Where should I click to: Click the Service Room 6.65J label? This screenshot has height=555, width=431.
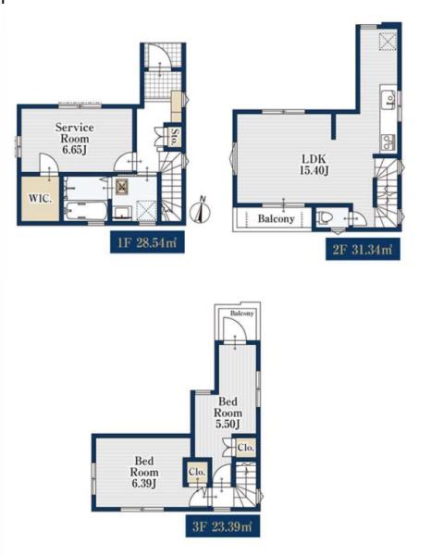[75, 138]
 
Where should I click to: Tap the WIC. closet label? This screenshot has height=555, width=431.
[40, 198]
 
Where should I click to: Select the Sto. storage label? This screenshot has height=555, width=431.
[175, 137]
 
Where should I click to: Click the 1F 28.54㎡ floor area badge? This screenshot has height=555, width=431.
[147, 242]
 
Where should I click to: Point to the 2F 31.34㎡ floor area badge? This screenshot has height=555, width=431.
[363, 249]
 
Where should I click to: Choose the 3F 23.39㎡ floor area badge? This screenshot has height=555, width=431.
[223, 526]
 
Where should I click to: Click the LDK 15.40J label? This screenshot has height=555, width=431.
[314, 165]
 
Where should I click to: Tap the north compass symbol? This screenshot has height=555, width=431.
[201, 211]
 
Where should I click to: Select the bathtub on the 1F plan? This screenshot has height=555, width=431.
[87, 211]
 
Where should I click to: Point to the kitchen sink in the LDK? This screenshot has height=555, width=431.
[388, 98]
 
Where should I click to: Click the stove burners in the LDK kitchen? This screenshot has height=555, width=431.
[388, 142]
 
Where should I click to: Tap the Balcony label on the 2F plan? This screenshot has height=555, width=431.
[276, 218]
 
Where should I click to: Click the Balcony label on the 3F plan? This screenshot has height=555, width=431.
[242, 314]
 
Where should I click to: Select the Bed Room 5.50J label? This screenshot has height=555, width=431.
[228, 413]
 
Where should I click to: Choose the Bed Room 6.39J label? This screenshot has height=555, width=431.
[144, 472]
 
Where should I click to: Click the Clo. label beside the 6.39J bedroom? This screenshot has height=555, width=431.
[197, 472]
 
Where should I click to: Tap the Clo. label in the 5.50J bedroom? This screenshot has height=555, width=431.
[246, 448]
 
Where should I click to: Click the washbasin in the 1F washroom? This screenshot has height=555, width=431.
[122, 213]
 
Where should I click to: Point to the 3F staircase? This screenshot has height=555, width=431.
[246, 484]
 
